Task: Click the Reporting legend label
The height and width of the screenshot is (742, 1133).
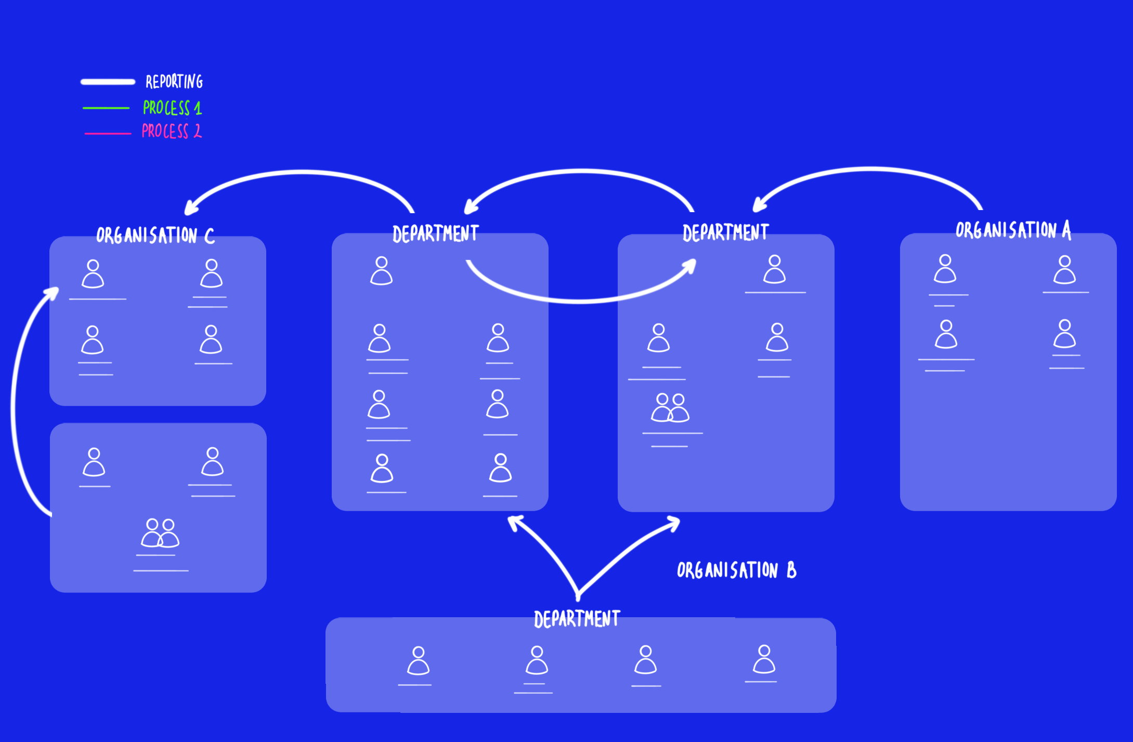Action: [x=174, y=82]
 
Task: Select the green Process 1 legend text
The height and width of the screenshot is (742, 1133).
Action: [x=172, y=108]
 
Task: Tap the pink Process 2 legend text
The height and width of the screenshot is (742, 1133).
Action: [x=171, y=131]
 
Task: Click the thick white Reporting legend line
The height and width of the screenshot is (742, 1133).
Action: [x=108, y=82]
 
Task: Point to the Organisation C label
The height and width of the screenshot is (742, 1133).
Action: [x=155, y=235]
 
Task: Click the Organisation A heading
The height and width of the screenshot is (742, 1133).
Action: [x=1013, y=230]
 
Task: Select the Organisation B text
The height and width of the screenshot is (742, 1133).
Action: [x=736, y=570]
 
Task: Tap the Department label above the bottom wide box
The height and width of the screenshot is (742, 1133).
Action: [x=577, y=619]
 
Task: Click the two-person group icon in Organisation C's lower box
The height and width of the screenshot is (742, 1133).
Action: [x=160, y=533]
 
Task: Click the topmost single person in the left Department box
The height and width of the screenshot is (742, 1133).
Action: [x=381, y=270]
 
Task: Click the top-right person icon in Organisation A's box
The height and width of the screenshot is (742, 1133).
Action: [x=1064, y=269]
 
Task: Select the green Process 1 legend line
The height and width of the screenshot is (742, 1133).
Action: [x=106, y=108]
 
